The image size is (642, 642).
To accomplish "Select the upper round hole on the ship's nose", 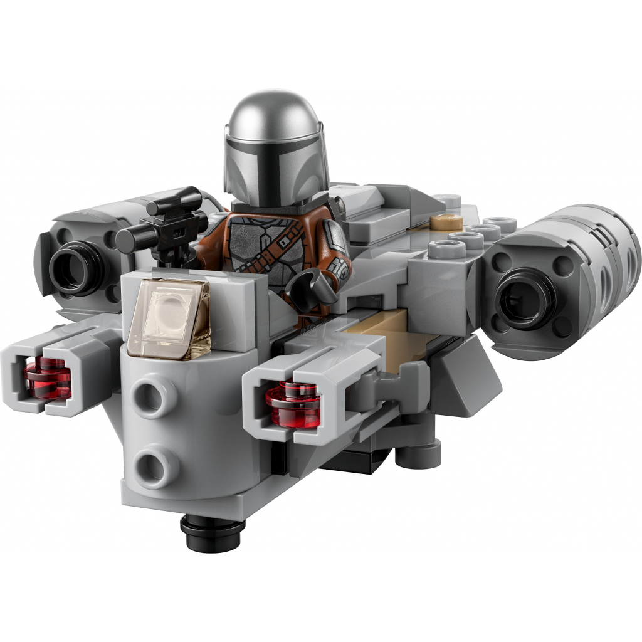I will [150, 399].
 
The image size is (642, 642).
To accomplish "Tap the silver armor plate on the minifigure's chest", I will [251, 251].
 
